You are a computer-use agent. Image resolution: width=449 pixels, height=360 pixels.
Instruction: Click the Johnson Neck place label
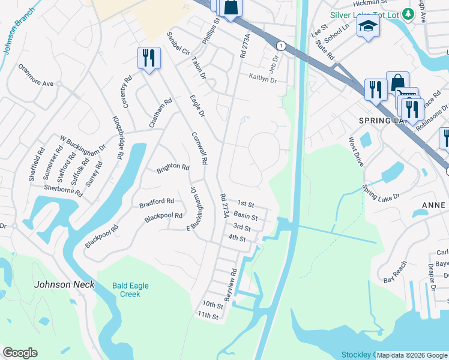[x=64, y=284]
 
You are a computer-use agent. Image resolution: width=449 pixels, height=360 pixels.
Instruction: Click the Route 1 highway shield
[x=280, y=46]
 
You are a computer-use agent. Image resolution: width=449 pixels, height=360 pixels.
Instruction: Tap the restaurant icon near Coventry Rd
[x=148, y=59]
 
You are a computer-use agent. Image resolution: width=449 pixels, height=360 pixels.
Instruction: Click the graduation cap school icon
[x=368, y=26]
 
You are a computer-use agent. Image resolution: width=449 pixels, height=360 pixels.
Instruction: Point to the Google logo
[x=20, y=353]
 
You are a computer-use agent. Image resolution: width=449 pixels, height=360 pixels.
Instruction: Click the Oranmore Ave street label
[x=36, y=80]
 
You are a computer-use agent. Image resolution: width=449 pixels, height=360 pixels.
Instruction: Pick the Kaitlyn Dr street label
[x=262, y=79]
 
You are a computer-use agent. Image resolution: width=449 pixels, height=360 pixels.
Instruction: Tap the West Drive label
[x=356, y=152]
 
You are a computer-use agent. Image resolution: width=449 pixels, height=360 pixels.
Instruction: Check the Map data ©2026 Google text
[x=412, y=355]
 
